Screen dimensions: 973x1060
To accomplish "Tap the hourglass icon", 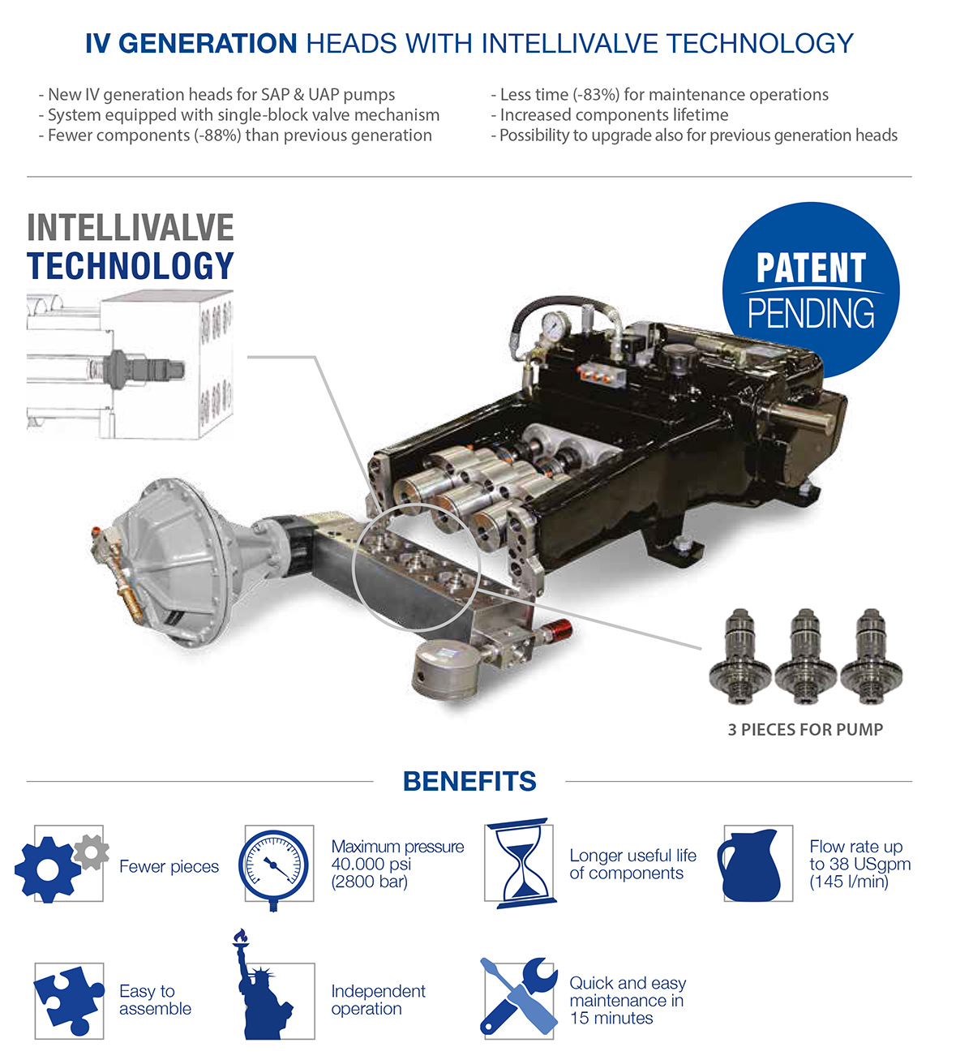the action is pyautogui.click(x=521, y=864).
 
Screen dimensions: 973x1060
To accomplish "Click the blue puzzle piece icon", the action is pyautogui.click(x=69, y=1000).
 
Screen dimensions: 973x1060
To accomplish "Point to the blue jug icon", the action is pyautogui.click(x=748, y=865).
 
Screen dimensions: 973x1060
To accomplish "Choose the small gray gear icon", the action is pyautogui.click(x=91, y=852).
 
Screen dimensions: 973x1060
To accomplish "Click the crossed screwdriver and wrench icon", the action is pyautogui.click(x=519, y=996).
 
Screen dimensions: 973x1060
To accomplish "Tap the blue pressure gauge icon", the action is pyautogui.click(x=273, y=868).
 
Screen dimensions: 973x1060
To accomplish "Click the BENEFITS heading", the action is pyautogui.click(x=469, y=781).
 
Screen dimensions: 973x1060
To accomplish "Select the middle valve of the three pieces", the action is pyautogui.click(x=805, y=656).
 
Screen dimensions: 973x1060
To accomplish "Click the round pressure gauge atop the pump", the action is pyautogui.click(x=555, y=327).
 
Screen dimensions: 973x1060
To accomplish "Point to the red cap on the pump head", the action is pyautogui.click(x=560, y=629).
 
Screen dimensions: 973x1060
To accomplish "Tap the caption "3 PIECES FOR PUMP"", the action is pyautogui.click(x=805, y=730).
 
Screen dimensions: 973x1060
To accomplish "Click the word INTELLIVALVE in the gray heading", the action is pyautogui.click(x=131, y=227).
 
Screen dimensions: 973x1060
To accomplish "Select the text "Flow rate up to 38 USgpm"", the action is pyautogui.click(x=860, y=856).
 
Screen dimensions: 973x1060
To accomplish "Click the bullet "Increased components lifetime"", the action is pyautogui.click(x=610, y=114).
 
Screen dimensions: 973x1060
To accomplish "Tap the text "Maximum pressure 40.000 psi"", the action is pyautogui.click(x=397, y=856).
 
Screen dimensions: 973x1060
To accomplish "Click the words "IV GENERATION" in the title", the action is pyautogui.click(x=191, y=43).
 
